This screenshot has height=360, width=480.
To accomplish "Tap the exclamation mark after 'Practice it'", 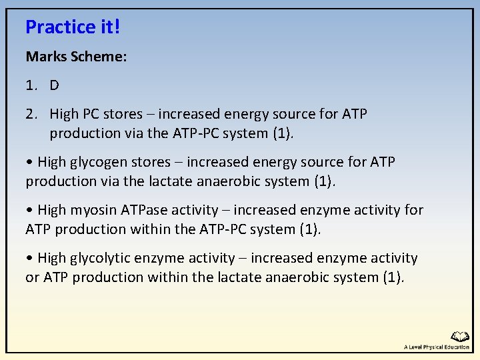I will point(117,27).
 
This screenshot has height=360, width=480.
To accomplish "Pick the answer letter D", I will point(54,85).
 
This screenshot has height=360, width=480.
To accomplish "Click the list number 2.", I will point(30,114).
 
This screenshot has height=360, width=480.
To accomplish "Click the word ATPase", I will point(144,210).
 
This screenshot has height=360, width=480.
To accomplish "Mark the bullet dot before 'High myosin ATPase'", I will point(29,211).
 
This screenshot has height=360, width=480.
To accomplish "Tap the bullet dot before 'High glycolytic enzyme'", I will point(29,259).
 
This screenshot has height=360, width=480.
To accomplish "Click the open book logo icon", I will point(459,337).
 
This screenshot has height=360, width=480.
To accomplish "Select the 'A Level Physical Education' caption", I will point(437,347).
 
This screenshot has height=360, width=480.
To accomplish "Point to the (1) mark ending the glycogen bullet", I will point(321,181).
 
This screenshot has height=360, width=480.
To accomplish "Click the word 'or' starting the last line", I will point(32,277).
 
